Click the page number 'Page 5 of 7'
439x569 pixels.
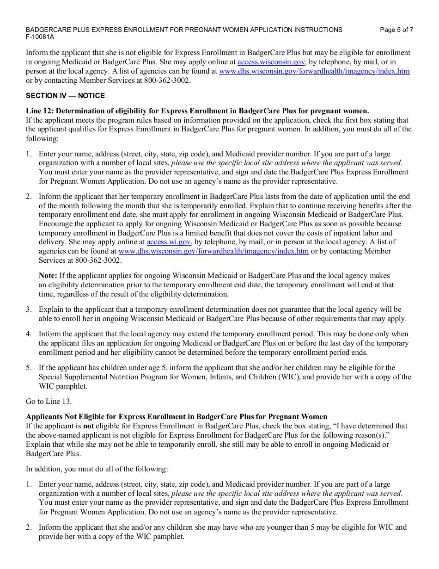[396, 30]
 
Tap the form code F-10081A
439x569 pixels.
[40, 37]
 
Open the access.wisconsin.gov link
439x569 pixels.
[271, 62]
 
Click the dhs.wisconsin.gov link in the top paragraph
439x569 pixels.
[314, 71]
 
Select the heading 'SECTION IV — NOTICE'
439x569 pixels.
[65, 96]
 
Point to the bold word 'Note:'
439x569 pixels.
[48, 276]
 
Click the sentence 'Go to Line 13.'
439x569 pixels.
[49, 401]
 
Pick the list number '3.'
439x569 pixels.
[29, 309]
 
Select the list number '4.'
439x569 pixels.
[29, 334]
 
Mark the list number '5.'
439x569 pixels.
[29, 368]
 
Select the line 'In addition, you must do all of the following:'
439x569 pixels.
[97, 469]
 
